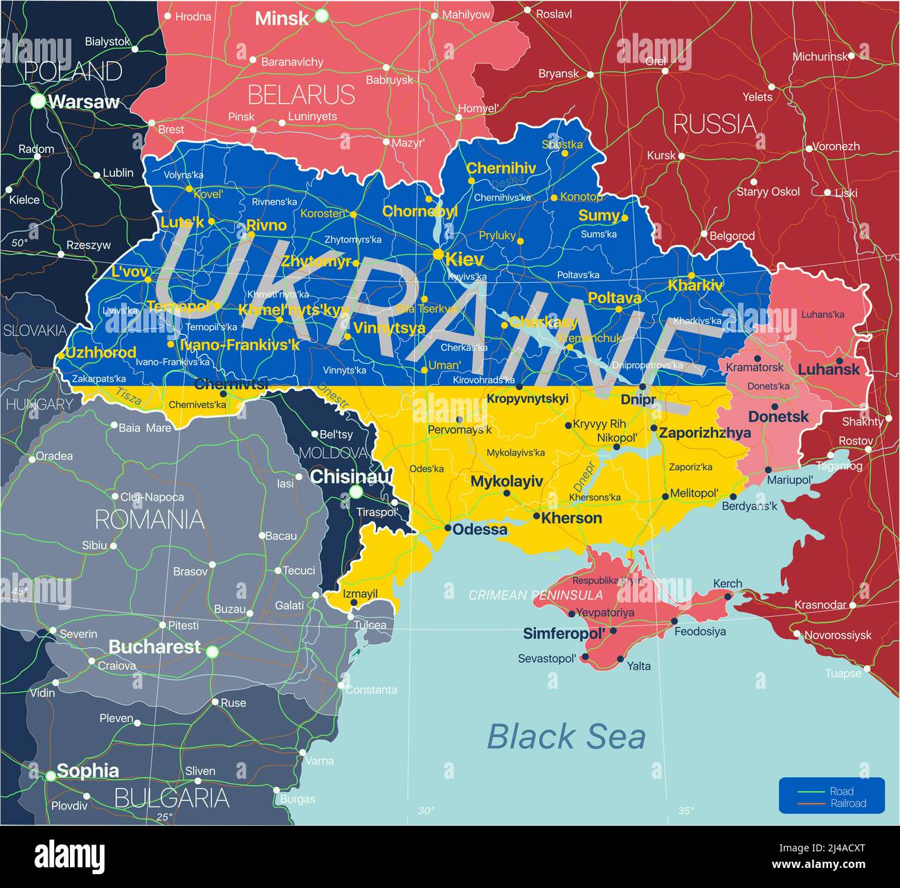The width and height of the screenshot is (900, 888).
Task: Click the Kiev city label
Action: pyautogui.click(x=465, y=259)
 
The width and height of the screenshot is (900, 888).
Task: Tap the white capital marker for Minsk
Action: pyautogui.click(x=321, y=16)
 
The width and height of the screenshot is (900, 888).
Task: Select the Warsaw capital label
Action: pyautogui.click(x=84, y=102)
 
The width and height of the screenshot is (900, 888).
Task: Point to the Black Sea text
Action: pyautogui.click(x=566, y=737)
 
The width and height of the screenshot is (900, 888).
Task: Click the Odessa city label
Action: pyautogui.click(x=480, y=529)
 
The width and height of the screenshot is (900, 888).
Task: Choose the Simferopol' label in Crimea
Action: pyautogui.click(x=564, y=633)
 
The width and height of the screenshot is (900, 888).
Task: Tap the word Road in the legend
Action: pyautogui.click(x=841, y=791)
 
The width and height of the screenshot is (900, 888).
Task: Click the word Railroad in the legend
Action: pyautogui.click(x=848, y=803)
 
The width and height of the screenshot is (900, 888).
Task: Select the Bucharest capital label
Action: pyautogui.click(x=154, y=647)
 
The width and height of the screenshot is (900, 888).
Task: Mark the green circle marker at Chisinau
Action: pyautogui.click(x=356, y=492)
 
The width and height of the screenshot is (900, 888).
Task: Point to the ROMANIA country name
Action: pyautogui.click(x=149, y=519)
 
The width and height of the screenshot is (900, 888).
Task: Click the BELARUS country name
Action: pyautogui.click(x=301, y=94)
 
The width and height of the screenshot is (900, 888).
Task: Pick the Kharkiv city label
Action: pyautogui.click(x=695, y=285)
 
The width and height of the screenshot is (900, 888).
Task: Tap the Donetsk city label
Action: pyautogui.click(x=778, y=416)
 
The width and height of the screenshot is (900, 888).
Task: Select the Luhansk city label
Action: pyautogui.click(x=828, y=369)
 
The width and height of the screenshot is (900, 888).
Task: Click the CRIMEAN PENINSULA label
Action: pyautogui.click(x=535, y=595)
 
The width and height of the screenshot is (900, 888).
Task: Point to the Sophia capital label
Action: pyautogui.click(x=87, y=770)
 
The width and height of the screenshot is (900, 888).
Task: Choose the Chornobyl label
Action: pyautogui.click(x=420, y=212)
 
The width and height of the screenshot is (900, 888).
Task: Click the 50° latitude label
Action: pyautogui.click(x=19, y=243)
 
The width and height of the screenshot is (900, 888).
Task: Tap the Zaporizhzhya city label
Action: pyautogui.click(x=705, y=433)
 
